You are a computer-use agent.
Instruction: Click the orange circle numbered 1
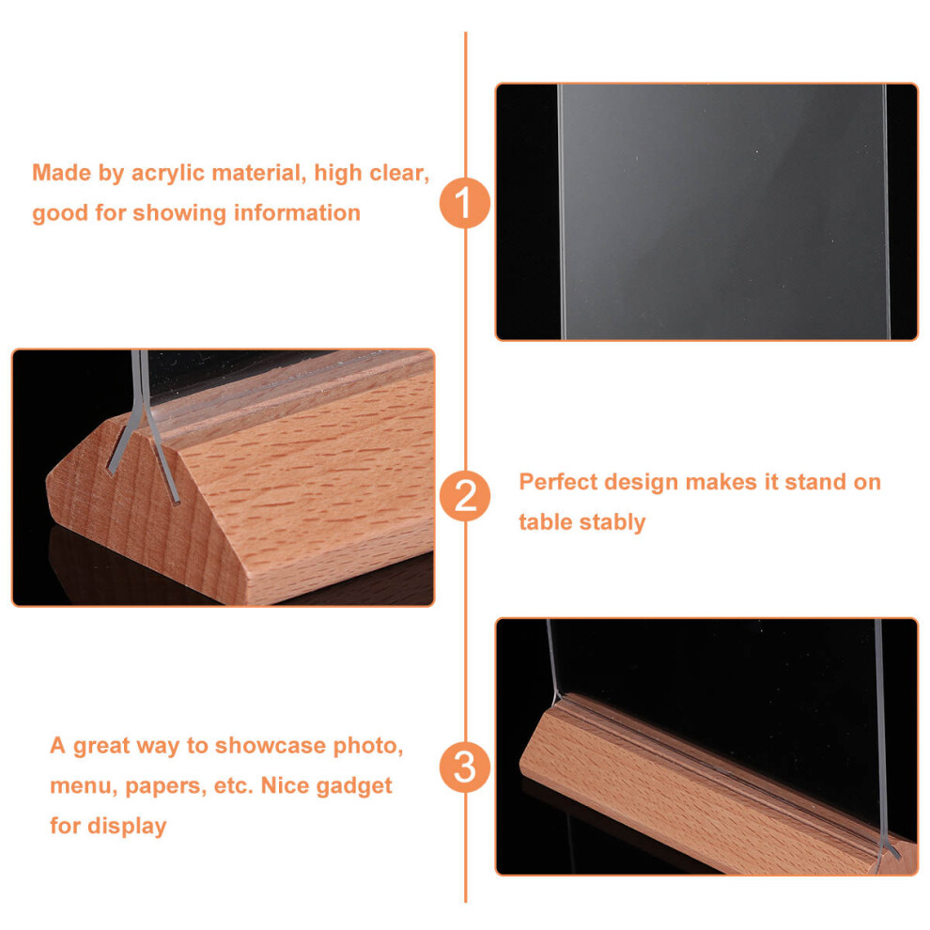(465, 203)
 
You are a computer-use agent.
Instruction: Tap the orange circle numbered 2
(465, 496)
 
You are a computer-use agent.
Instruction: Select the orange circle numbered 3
(465, 767)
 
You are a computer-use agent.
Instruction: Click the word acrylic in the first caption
(168, 174)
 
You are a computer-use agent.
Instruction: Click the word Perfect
(558, 482)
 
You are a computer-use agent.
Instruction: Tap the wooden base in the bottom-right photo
(712, 789)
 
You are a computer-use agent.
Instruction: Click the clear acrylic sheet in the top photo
(723, 211)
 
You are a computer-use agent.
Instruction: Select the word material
(259, 173)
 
